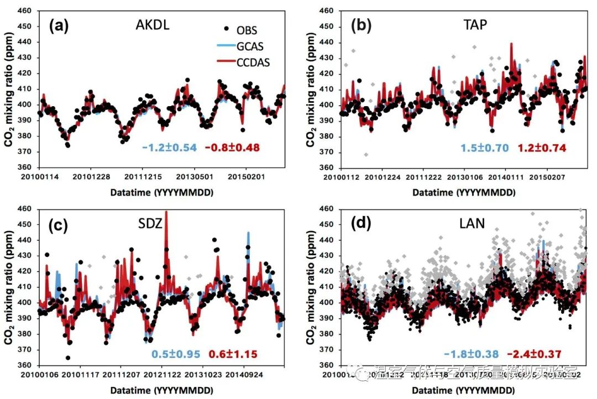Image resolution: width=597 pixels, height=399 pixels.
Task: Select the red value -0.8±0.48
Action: click(232, 148)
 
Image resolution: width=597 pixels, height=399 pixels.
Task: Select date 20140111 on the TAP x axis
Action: click(500, 176)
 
